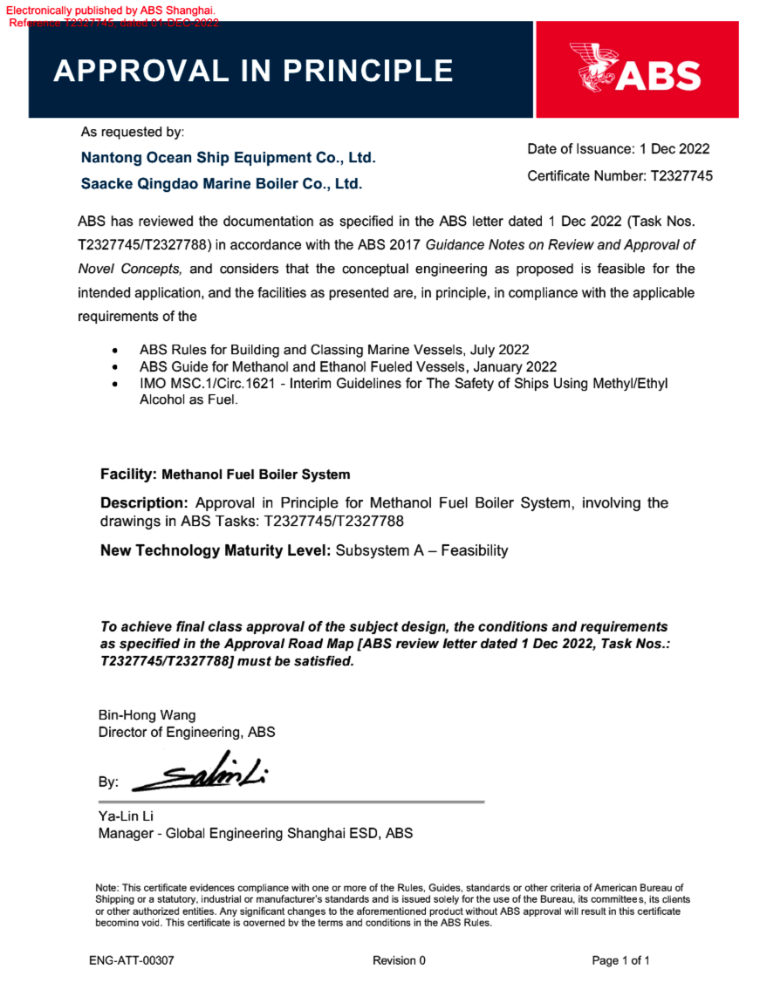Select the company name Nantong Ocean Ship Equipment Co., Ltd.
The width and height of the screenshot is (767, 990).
pos(228,158)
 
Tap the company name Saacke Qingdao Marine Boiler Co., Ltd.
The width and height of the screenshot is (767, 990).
pos(221,184)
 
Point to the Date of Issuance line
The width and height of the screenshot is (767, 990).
pos(618,149)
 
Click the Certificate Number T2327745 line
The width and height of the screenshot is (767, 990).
pos(620,175)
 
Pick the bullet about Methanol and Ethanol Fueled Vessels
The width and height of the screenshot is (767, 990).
pos(347,366)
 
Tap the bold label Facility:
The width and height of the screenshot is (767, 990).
pos(128,475)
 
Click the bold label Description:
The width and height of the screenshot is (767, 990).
pos(144,503)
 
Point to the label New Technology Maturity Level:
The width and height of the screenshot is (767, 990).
pos(215,550)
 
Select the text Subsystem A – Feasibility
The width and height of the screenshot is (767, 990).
pos(421,550)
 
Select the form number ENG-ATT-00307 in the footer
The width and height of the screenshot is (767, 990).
pos(131,960)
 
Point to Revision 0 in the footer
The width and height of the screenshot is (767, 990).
pos(399,960)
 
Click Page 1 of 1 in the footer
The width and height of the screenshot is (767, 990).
pos(620,960)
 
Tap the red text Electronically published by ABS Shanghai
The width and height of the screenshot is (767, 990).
pos(110,10)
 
